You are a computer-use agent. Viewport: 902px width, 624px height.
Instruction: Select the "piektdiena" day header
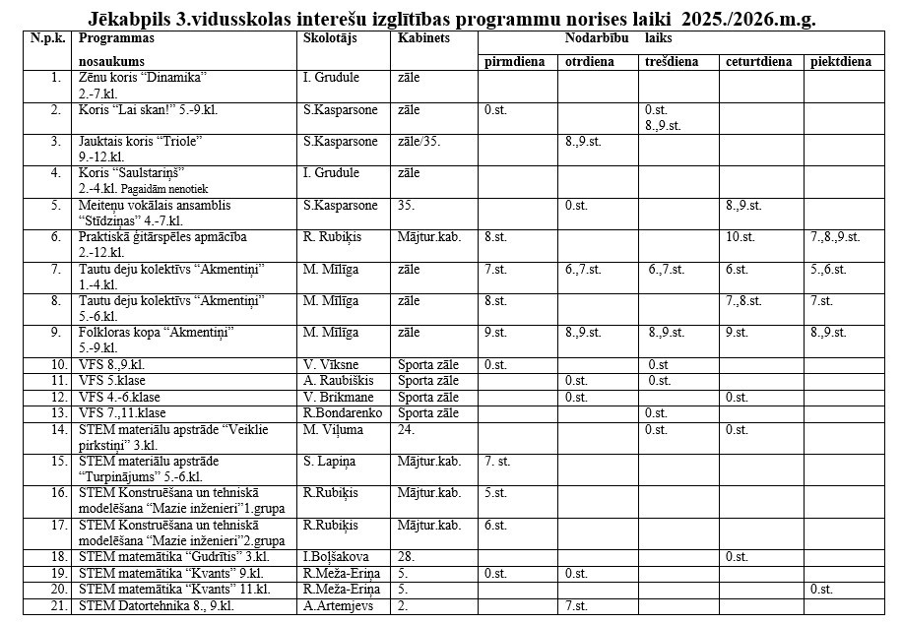tap(841, 62)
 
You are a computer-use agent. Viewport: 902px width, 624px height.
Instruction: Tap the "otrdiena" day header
tap(590, 62)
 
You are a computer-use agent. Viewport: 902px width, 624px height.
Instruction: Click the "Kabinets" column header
tap(423, 38)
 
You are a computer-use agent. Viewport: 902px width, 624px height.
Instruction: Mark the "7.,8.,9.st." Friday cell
tap(835, 237)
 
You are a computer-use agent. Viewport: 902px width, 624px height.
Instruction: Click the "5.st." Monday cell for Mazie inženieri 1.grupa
tap(495, 493)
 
